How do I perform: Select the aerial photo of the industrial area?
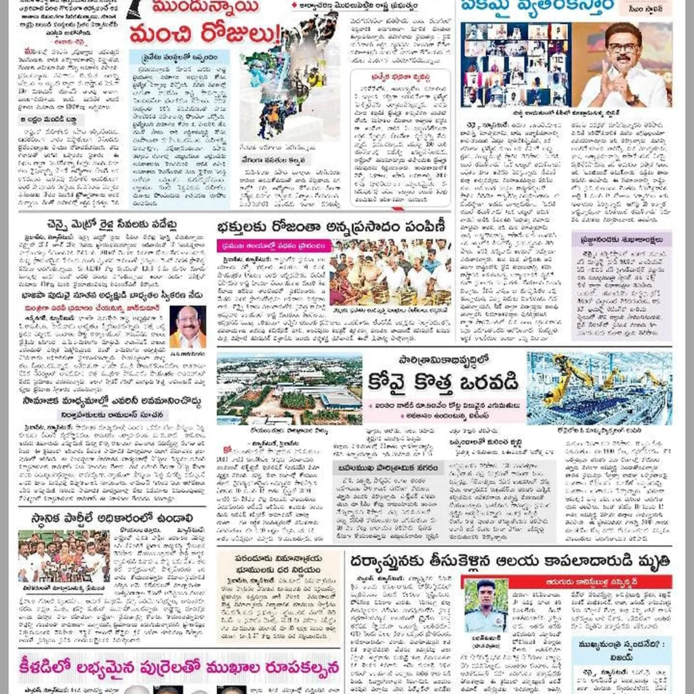click(289, 390)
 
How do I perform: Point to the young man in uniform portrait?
click(486, 605)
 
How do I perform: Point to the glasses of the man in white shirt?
click(624, 48)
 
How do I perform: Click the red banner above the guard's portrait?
click(567, 581)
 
